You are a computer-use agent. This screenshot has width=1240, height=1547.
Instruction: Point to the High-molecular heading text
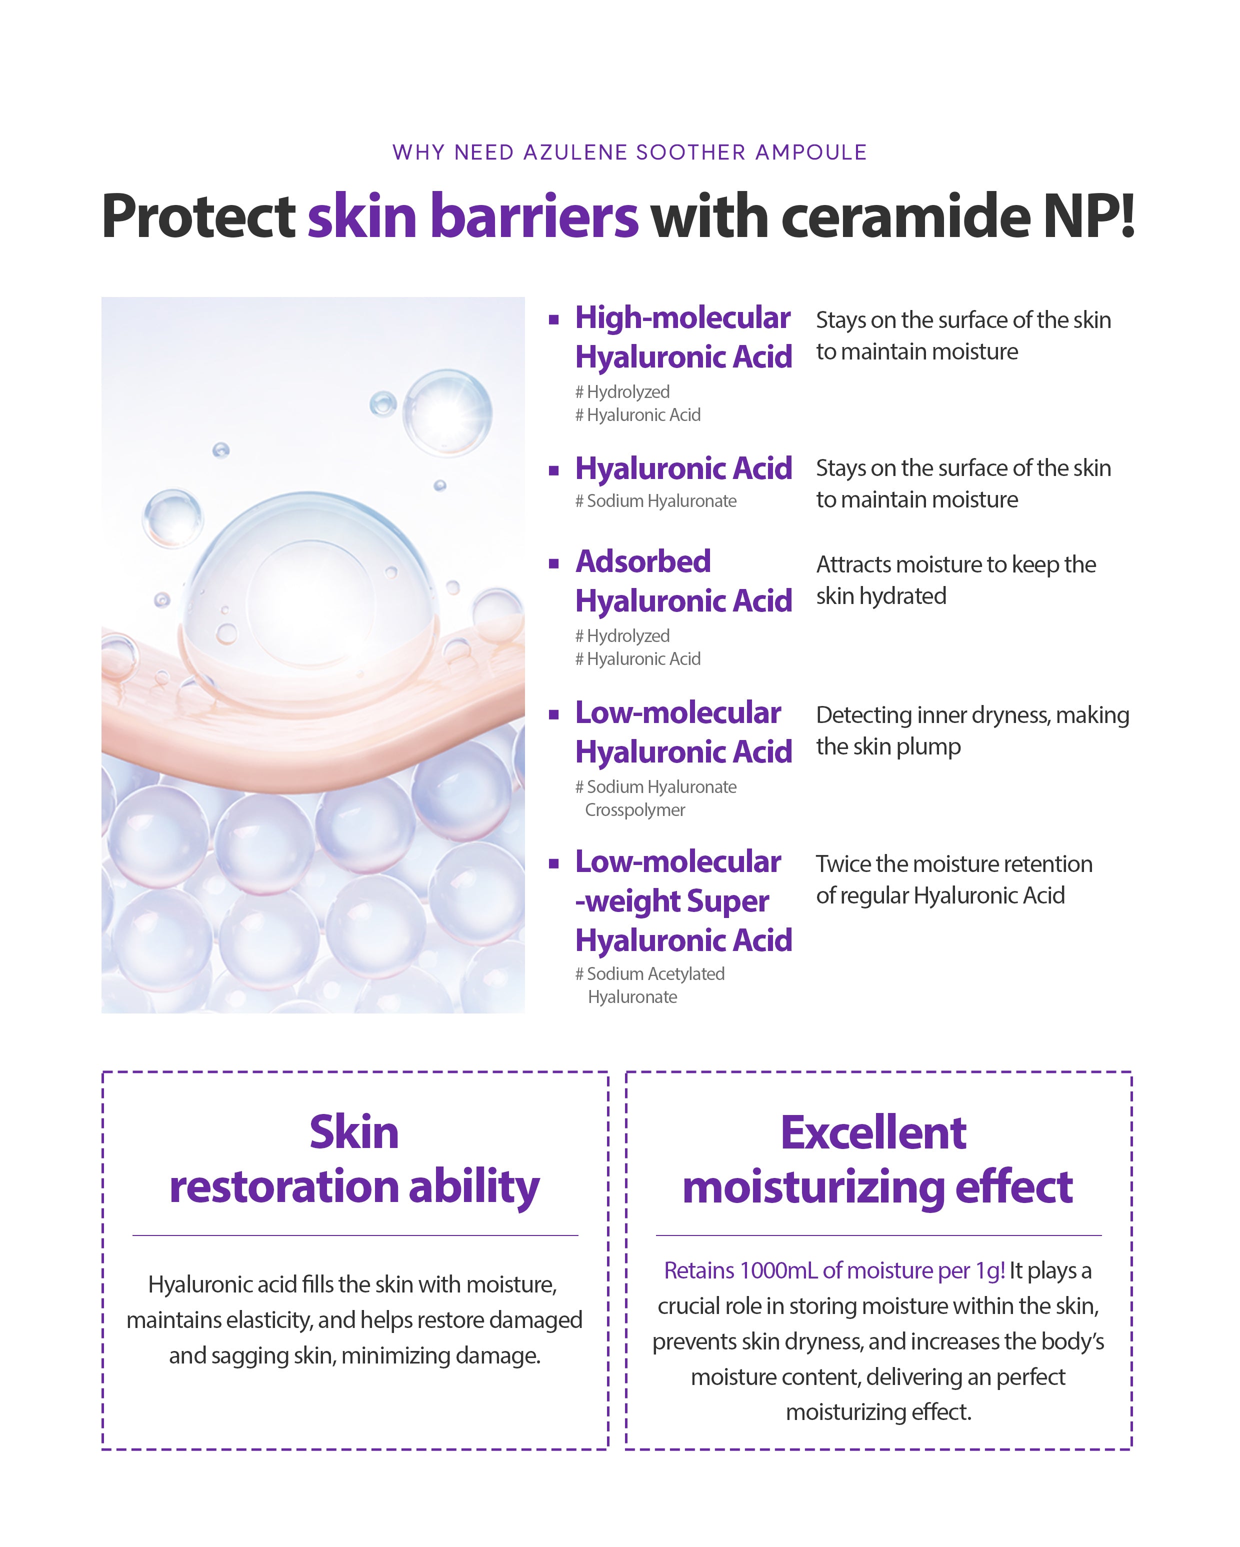pos(682,318)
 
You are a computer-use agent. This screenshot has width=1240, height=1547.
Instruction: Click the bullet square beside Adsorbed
pos(553,564)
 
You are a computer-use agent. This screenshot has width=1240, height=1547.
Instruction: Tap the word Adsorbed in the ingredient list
pos(643,562)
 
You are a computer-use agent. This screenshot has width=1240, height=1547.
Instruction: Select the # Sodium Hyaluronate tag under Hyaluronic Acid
pos(656,501)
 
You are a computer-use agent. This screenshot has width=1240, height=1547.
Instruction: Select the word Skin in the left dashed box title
pos(354,1133)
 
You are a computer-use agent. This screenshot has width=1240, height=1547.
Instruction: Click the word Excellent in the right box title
pos(873,1133)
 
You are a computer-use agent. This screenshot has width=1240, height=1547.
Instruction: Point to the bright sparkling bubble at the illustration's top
pos(447,412)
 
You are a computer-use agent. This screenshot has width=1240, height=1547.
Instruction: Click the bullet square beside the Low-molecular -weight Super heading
pos(553,864)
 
